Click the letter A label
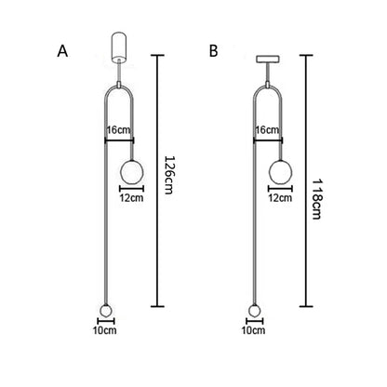pyautogui.click(x=62, y=51)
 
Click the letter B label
pyautogui.click(x=214, y=51)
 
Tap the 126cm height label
pyautogui.click(x=168, y=175)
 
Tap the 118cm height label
pyautogui.click(x=316, y=199)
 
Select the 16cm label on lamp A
pyautogui.click(x=119, y=130)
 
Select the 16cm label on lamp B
pyautogui.click(x=267, y=130)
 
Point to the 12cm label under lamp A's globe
pyautogui.click(x=132, y=198)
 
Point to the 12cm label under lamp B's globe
pyautogui.click(x=280, y=198)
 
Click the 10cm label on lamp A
pyautogui.click(x=105, y=330)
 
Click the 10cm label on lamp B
pyautogui.click(x=253, y=330)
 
